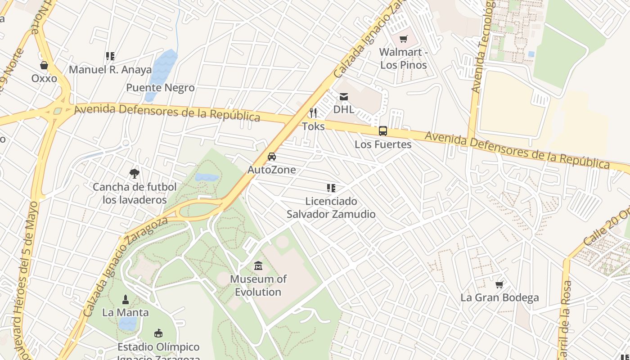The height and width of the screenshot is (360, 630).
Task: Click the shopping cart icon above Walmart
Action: pyautogui.click(x=403, y=39)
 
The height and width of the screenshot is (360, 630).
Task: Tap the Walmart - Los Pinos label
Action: pyautogui.click(x=403, y=58)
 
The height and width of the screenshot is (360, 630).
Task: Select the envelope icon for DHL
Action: pyautogui.click(x=344, y=97)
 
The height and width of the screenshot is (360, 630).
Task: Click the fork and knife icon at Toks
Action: pyautogui.click(x=313, y=112)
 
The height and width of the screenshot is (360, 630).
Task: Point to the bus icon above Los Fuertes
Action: pyautogui.click(x=383, y=131)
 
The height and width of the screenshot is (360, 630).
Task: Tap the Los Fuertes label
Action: pyautogui.click(x=383, y=144)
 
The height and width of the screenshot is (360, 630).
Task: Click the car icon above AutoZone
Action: pyautogui.click(x=272, y=157)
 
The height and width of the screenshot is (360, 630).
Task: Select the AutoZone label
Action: pyautogui.click(x=272, y=170)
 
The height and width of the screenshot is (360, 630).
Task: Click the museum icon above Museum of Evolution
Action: pyautogui.click(x=258, y=266)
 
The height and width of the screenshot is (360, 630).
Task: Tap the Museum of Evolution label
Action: pyautogui.click(x=258, y=285)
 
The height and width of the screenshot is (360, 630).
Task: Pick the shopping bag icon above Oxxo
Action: pyautogui.click(x=44, y=66)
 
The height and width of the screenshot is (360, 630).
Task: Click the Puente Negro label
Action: pyautogui.click(x=160, y=88)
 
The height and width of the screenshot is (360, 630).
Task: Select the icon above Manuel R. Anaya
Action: pyautogui.click(x=110, y=56)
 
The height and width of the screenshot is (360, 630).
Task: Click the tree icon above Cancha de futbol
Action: pyautogui.click(x=134, y=174)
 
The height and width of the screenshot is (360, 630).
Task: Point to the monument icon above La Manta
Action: pyautogui.click(x=126, y=299)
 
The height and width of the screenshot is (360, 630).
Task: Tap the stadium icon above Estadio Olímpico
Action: pyautogui.click(x=158, y=333)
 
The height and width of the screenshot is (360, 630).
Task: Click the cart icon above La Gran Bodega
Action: pyautogui.click(x=499, y=284)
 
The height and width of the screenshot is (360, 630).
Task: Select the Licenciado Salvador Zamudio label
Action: pyautogui.click(x=331, y=207)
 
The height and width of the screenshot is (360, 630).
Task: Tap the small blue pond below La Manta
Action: pyautogui.click(x=127, y=323)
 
